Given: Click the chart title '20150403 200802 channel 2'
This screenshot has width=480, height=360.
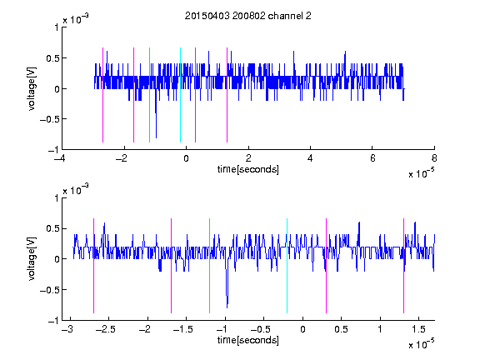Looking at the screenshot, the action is [x=248, y=16].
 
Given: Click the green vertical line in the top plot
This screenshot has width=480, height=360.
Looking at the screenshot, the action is [x=149, y=95].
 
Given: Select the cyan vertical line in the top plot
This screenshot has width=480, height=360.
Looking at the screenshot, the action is [x=180, y=95].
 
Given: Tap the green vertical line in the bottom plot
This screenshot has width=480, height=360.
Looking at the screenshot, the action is [x=209, y=266].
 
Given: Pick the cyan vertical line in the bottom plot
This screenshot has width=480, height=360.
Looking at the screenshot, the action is [x=287, y=266].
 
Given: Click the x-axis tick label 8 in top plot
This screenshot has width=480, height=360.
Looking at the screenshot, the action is [x=434, y=158].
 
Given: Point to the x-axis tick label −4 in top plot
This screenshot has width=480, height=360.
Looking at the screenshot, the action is [x=59, y=158].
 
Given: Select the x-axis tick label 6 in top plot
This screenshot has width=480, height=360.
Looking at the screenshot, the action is [x=372, y=158].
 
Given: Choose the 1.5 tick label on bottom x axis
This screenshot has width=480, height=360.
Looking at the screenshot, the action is [x=418, y=329].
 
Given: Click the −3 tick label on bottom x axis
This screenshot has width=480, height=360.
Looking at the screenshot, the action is [x=67, y=329].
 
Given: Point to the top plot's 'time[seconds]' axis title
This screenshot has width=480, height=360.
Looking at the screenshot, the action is [x=248, y=169].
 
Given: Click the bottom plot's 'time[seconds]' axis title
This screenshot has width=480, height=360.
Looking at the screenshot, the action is [x=248, y=340].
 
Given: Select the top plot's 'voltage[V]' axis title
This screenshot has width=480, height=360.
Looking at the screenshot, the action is [x=32, y=89].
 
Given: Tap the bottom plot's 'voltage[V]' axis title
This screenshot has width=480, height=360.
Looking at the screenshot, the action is [x=32, y=259].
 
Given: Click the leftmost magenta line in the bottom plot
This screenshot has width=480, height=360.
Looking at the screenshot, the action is [x=93, y=266].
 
